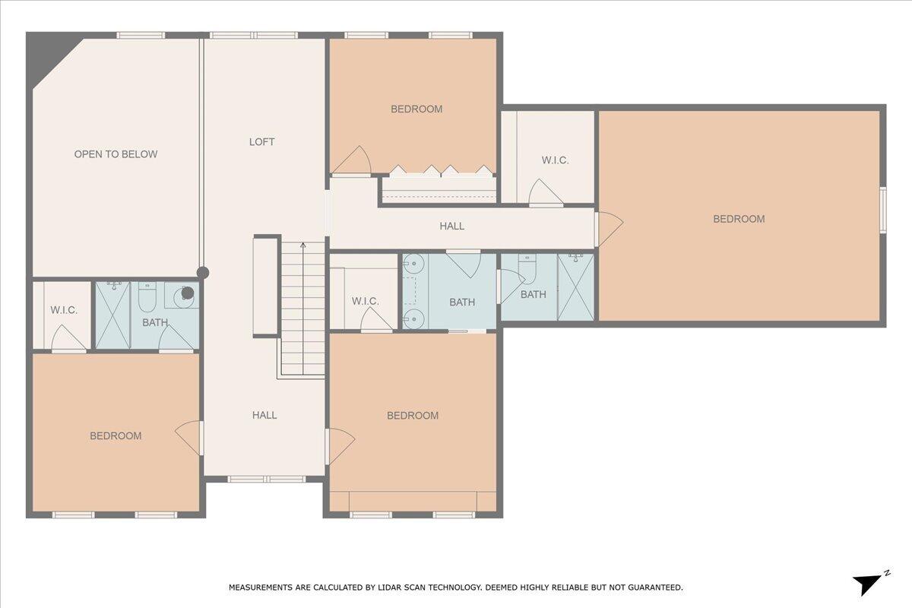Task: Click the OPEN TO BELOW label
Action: (116, 154)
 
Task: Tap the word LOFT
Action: (262, 142)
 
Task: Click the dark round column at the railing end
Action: (203, 273)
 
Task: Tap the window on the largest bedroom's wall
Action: (883, 209)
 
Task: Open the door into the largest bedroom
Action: (610, 228)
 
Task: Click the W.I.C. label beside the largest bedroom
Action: (555, 160)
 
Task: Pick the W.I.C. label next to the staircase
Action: (365, 302)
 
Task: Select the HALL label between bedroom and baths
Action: (451, 226)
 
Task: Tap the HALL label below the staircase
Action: (264, 415)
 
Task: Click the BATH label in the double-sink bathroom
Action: (461, 302)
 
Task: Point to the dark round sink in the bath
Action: (186, 292)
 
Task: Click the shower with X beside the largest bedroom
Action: (575, 287)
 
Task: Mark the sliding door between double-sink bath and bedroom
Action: (466, 331)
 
